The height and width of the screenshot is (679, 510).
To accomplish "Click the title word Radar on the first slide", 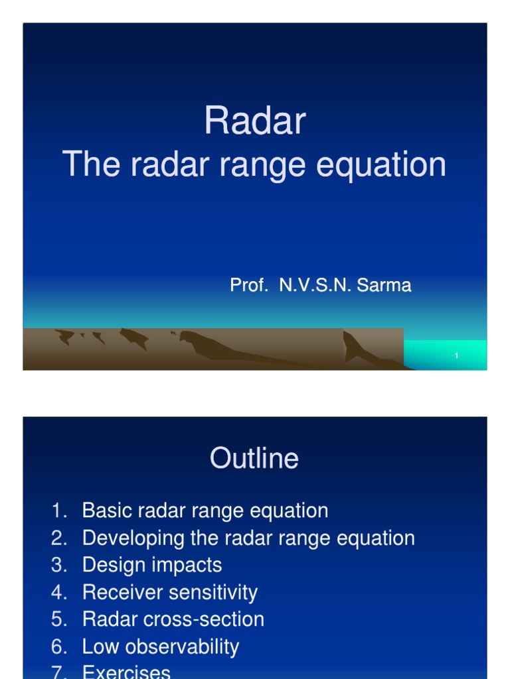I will point(254,122).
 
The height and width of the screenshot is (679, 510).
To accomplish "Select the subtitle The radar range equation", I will point(254,164).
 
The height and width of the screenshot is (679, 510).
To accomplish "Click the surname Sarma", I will point(384,286).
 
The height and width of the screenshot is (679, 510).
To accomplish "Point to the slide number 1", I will point(457,357).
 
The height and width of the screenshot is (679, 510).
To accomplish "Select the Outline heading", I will point(254,459).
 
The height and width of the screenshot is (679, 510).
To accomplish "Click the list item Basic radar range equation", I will point(205,511).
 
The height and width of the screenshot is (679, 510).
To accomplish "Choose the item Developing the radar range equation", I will point(248,538).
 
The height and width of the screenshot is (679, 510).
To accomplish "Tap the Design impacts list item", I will point(151,565).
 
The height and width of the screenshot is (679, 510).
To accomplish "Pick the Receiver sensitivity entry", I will point(169,592).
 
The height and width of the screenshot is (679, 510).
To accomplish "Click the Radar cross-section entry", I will point(173,619).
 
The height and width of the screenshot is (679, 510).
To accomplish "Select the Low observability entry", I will point(160,647).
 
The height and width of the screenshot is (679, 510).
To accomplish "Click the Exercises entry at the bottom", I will point(126,672).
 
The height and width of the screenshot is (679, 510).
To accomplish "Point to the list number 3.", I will point(58,565).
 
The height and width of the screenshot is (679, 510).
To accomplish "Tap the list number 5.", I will point(58,619).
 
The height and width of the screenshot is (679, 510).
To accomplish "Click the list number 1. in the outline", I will point(58,511).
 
